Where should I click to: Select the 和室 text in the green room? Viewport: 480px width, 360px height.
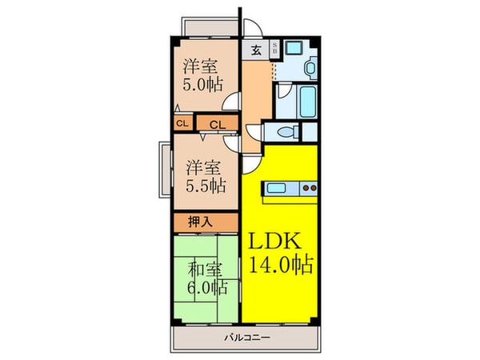[205, 269]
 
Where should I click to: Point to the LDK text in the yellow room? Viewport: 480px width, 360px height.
[278, 242]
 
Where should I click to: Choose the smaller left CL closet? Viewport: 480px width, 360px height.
[182, 123]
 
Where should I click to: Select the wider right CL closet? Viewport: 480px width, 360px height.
[218, 123]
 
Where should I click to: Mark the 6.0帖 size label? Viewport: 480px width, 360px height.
[207, 287]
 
